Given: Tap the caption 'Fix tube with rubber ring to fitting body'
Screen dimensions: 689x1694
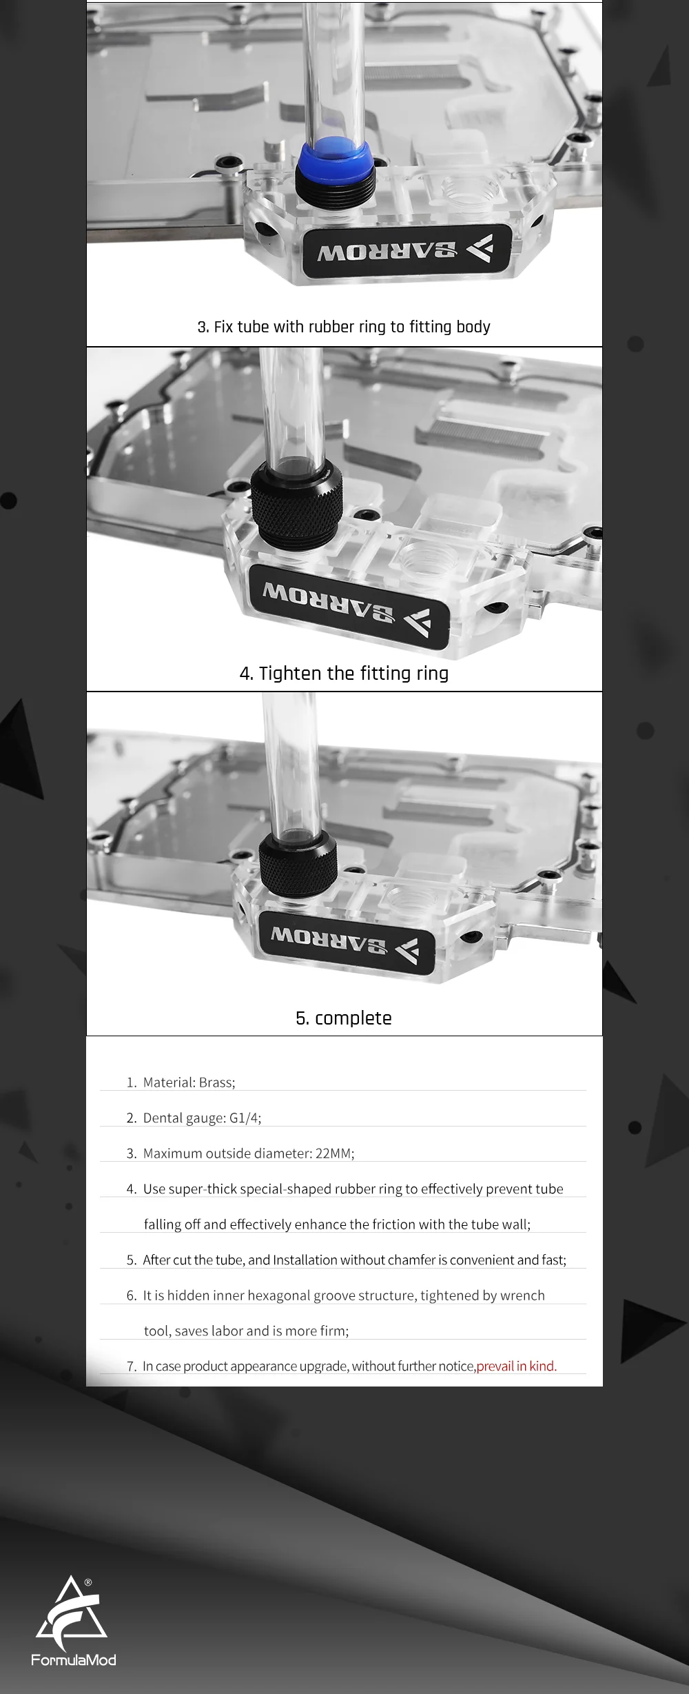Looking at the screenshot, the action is pyautogui.click(x=352, y=327).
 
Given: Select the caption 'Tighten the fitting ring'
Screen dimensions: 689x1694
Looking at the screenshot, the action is pyautogui.click(x=353, y=673).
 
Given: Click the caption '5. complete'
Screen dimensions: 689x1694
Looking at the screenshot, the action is pyautogui.click(x=344, y=1018).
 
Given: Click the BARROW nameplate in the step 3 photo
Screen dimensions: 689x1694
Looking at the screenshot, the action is pyautogui.click(x=407, y=251).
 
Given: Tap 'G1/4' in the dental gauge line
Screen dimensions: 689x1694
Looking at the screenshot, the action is pyautogui.click(x=244, y=1118).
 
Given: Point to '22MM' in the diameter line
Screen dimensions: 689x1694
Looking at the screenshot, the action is pyautogui.click(x=333, y=1153).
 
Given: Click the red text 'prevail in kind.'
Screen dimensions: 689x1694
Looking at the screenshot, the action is pyautogui.click(x=517, y=1366).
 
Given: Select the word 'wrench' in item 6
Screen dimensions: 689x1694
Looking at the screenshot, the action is pyautogui.click(x=522, y=1295).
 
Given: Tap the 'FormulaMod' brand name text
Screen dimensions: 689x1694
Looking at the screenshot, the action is pyautogui.click(x=74, y=1660).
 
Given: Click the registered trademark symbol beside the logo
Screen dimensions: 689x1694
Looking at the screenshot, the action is pyautogui.click(x=88, y=1582).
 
